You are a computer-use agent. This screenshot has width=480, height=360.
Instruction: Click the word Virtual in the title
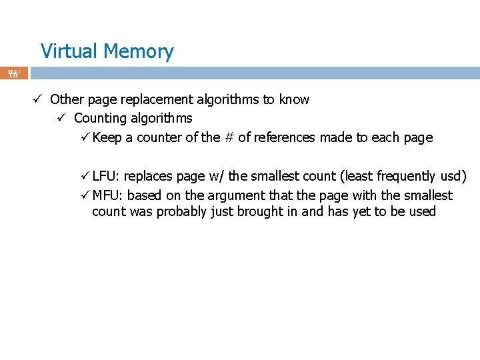click(67, 51)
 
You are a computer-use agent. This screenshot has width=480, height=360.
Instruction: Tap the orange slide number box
click(14, 73)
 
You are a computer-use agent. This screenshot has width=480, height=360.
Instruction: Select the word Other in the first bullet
click(65, 100)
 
